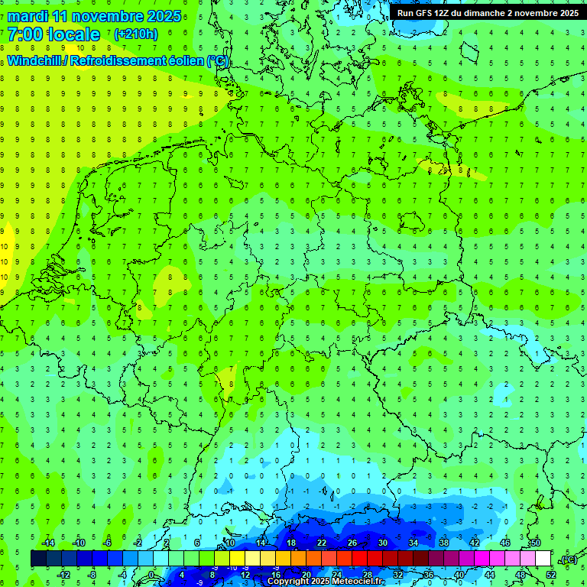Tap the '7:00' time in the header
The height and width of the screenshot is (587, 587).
(x=24, y=34)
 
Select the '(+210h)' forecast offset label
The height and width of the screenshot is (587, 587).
(x=136, y=34)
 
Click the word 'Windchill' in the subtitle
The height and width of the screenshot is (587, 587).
(x=35, y=60)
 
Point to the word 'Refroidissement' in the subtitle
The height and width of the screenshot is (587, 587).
(x=120, y=60)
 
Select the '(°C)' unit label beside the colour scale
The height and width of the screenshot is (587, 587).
(x=568, y=559)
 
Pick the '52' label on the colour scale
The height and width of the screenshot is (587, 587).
(x=551, y=574)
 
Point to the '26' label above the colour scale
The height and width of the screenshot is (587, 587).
(x=352, y=543)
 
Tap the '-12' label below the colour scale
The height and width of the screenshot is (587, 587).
(x=63, y=574)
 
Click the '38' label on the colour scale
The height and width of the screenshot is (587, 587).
(x=444, y=543)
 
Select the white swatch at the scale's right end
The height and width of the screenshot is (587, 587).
(x=543, y=559)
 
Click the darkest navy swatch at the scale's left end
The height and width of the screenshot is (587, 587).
(x=38, y=559)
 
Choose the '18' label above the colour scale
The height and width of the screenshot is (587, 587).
(x=291, y=543)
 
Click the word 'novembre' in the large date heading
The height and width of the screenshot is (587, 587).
(x=109, y=16)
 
